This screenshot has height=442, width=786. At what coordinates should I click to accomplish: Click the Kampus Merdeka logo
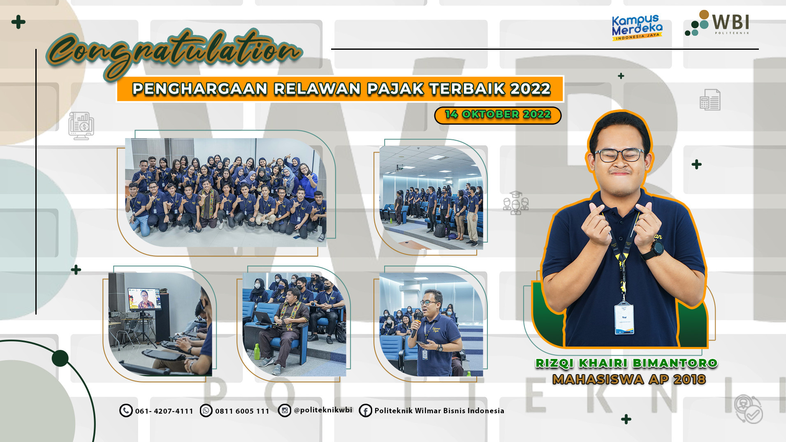tap(637, 28)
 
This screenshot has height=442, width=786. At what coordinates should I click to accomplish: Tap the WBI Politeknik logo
tap(717, 23)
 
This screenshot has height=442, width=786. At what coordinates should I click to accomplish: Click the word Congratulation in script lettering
tap(175, 53)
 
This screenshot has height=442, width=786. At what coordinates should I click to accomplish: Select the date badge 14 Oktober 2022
tap(498, 115)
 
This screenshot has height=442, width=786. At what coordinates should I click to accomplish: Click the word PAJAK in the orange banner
tap(395, 89)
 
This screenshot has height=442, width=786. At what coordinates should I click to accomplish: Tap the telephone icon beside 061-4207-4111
tap(126, 410)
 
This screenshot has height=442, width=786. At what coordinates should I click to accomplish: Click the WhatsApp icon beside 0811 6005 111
tap(206, 410)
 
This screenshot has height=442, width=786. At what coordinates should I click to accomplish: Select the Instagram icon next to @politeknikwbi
tap(284, 410)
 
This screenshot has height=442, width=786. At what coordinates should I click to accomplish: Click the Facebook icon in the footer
tap(365, 410)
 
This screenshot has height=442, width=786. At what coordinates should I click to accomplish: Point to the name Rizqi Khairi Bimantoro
tap(626, 363)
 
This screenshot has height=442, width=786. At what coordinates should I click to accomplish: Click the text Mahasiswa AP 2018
tap(629, 379)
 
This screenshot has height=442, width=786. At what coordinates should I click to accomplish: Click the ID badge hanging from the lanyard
tap(624, 317)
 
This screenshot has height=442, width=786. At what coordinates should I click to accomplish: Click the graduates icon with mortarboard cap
tap(516, 203)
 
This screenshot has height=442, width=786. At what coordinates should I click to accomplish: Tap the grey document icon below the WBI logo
tap(710, 100)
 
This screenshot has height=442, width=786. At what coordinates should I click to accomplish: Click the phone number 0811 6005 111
tap(242, 411)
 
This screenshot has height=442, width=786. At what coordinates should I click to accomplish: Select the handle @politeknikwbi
tap(323, 410)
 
